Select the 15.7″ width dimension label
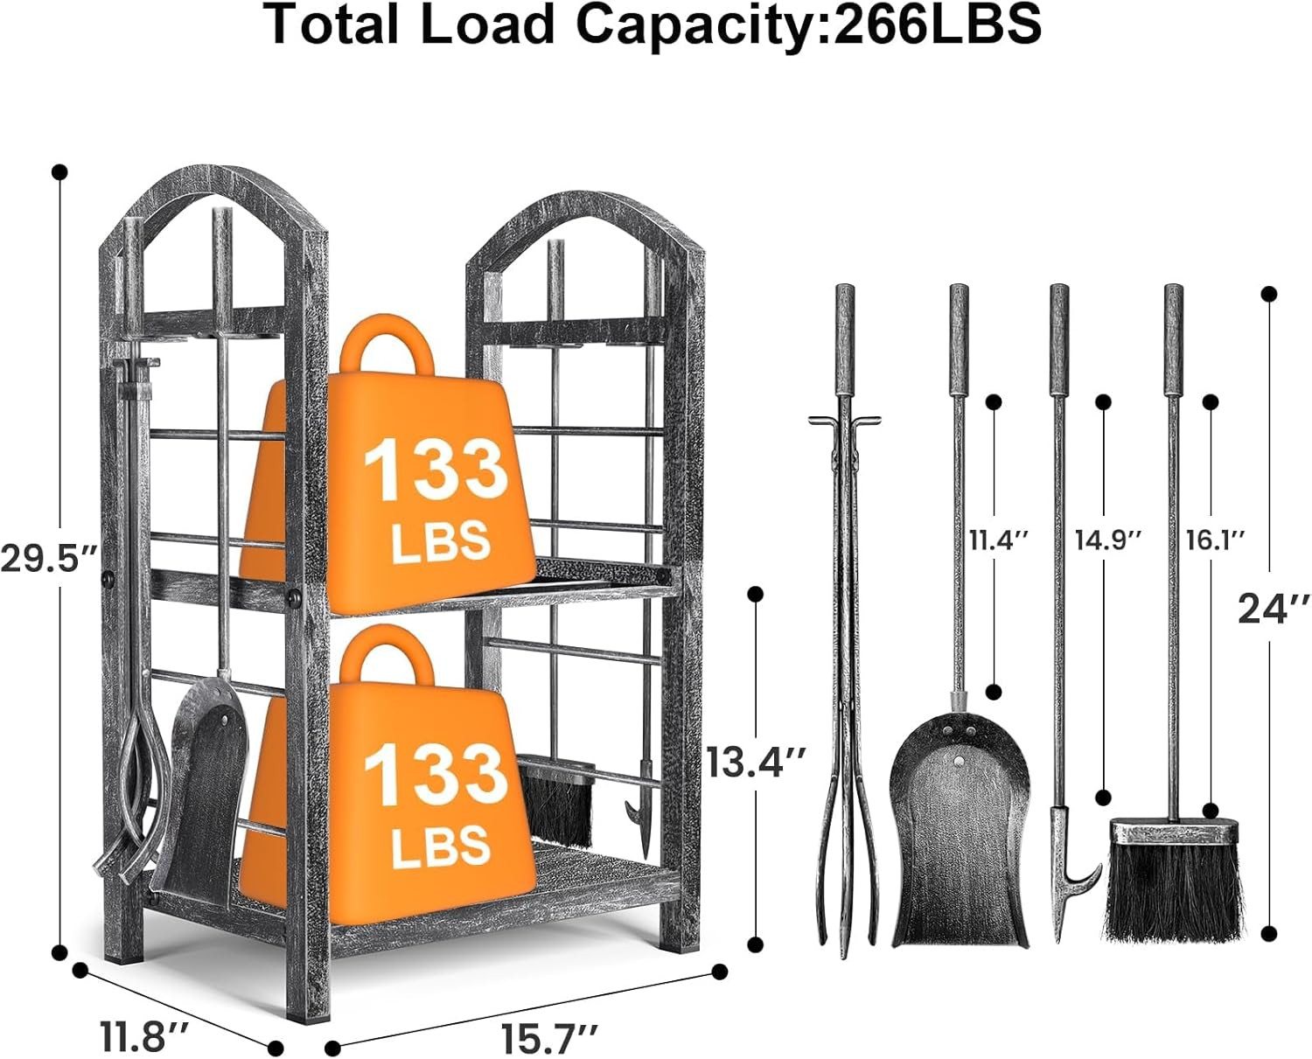[x=550, y=1039]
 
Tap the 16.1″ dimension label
[x=1215, y=540]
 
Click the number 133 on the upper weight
[x=435, y=470]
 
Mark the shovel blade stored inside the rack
[x=204, y=787]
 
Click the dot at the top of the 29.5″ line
[x=59, y=171]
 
